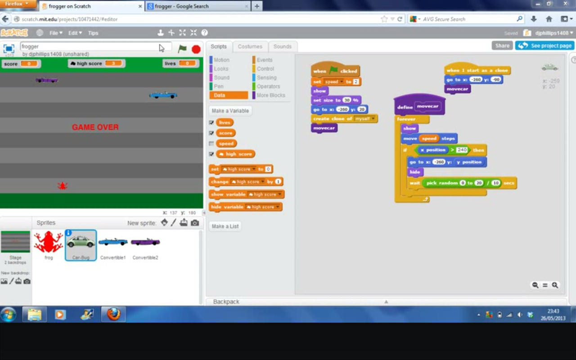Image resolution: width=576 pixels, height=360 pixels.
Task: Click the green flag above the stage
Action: (x=182, y=49)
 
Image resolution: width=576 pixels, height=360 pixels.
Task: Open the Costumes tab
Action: (x=250, y=46)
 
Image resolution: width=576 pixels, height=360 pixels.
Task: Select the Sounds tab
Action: (x=282, y=46)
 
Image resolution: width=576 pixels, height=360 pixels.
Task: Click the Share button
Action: (x=502, y=45)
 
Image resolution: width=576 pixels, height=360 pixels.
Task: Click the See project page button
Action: (x=544, y=45)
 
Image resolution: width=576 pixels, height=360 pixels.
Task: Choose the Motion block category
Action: (x=221, y=60)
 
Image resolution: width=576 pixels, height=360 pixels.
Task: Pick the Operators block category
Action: (x=268, y=86)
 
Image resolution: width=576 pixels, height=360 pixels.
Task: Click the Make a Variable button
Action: (x=230, y=111)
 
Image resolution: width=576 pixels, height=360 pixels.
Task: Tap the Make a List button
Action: (x=225, y=226)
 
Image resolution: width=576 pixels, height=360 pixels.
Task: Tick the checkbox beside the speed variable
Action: (x=211, y=144)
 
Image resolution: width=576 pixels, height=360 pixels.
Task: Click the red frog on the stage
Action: (x=62, y=185)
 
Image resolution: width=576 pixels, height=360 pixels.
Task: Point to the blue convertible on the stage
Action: (x=163, y=95)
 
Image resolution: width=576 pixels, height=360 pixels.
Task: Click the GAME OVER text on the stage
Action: (x=95, y=127)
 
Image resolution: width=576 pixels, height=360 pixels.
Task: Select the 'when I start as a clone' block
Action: (x=477, y=70)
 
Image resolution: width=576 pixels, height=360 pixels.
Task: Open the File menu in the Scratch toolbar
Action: (x=55, y=33)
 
